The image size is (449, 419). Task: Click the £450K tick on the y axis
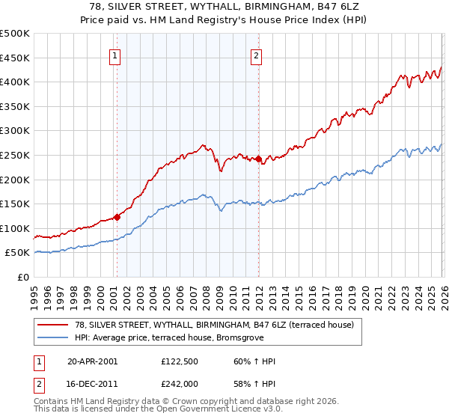click(15, 58)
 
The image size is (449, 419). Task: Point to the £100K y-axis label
click(15, 228)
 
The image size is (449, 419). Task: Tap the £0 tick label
click(23, 277)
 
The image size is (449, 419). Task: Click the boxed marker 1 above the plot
click(116, 55)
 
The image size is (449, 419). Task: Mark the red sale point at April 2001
click(117, 218)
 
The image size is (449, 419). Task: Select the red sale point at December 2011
click(258, 159)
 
